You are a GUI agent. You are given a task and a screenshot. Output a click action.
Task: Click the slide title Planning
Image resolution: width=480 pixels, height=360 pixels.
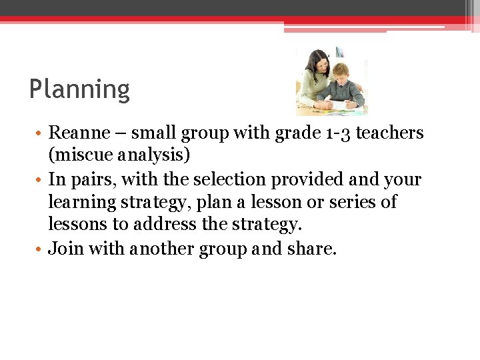[79, 89]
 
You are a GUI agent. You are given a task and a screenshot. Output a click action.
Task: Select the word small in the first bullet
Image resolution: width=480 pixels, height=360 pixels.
[151, 133]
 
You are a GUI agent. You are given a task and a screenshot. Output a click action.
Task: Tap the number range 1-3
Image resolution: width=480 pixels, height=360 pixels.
[335, 133]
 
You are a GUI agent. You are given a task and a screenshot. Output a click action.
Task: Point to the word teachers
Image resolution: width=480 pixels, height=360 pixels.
[390, 133]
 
